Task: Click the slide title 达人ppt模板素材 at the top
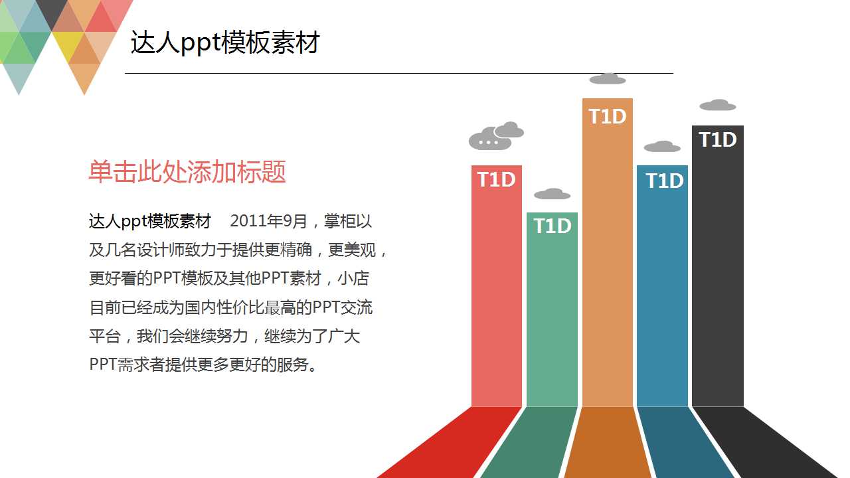tap(225, 43)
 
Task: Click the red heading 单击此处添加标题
tap(187, 172)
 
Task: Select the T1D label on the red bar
tap(496, 180)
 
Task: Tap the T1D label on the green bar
tap(552, 226)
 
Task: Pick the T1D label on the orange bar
tap(607, 117)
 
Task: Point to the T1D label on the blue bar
tap(664, 181)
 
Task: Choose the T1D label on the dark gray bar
tap(717, 140)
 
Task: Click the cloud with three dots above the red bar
tap(489, 139)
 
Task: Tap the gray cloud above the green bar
tap(552, 194)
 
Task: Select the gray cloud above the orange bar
tap(607, 79)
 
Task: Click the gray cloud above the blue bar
tap(662, 147)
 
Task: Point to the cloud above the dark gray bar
tap(717, 105)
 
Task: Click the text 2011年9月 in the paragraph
tap(268, 221)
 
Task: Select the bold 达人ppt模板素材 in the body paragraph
tap(150, 221)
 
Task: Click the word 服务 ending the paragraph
tap(295, 364)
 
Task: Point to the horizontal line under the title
tap(398, 73)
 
